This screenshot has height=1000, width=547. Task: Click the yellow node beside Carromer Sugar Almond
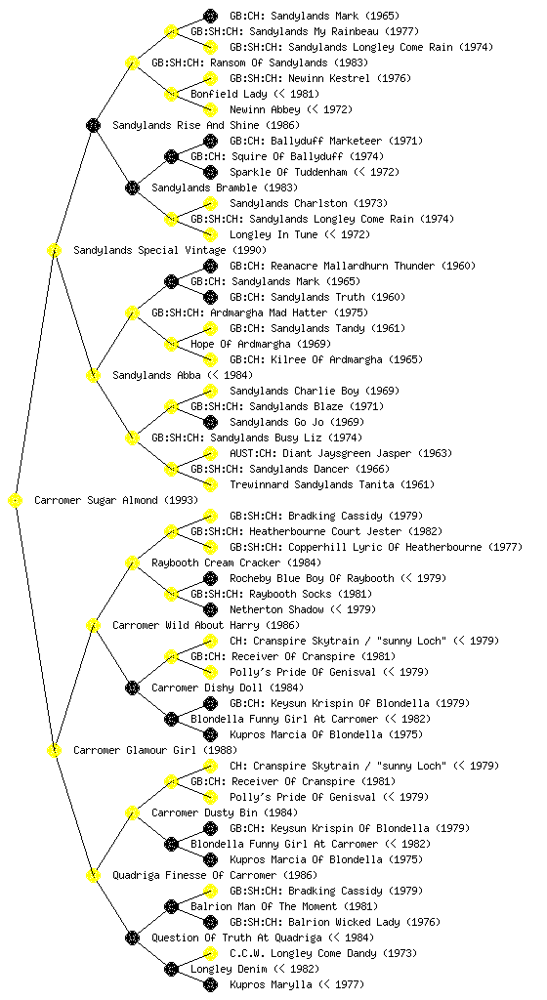[16, 500]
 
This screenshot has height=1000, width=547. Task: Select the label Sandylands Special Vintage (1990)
[170, 250]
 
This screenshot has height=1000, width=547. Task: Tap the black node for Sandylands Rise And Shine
[93, 125]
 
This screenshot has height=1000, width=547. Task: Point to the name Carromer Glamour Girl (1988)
[155, 750]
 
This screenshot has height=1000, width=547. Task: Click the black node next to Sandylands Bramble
[132, 187]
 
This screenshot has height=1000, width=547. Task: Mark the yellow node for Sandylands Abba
[93, 375]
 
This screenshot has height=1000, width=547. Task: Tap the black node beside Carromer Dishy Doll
[132, 687]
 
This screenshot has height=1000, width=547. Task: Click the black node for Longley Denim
[171, 969]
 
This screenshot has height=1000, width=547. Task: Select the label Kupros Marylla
[271, 984]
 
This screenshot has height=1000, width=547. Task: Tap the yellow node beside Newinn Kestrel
[210, 78]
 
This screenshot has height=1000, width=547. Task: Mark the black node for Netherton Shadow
[210, 609]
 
